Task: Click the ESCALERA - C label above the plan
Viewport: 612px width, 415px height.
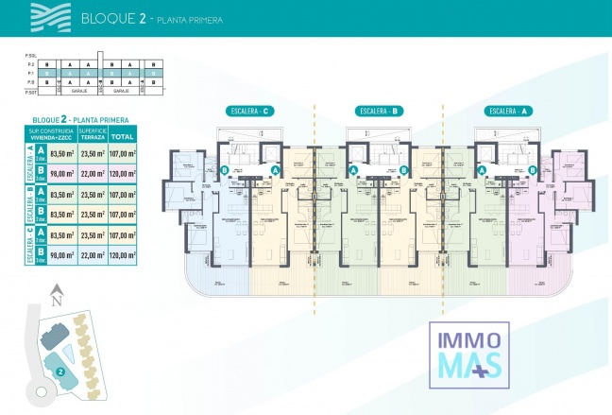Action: pyautogui.click(x=249, y=111)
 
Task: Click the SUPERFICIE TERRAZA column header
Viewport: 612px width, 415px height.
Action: pyautogui.click(x=93, y=134)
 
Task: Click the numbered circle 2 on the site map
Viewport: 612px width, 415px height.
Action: pyautogui.click(x=59, y=372)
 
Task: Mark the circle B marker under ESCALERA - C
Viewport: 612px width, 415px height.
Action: pyautogui.click(x=225, y=170)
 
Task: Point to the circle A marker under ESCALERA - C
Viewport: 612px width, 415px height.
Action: pyautogui.click(x=275, y=170)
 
